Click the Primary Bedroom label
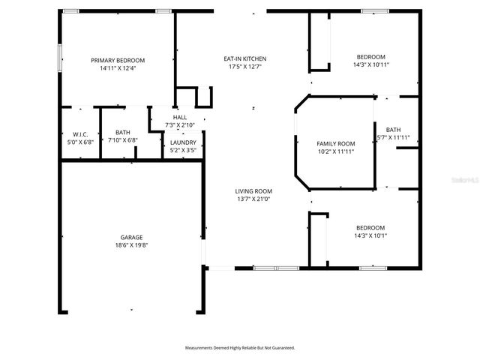tap(118, 60)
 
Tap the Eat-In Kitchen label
tap(244, 58)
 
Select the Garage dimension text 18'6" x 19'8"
tap(131, 245)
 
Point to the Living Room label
tap(253, 191)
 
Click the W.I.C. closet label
tap(80, 134)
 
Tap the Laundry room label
tap(183, 142)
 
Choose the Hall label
tap(180, 117)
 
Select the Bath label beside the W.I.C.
tap(122, 132)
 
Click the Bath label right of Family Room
tap(393, 129)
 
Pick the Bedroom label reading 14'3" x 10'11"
tap(370, 57)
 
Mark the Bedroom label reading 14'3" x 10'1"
tap(370, 228)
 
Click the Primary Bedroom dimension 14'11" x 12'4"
tap(118, 68)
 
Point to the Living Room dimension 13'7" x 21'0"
tap(253, 199)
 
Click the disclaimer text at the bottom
tap(240, 348)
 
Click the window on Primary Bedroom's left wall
tap(60, 56)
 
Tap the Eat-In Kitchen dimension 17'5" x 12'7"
tap(244, 67)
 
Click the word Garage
tap(131, 237)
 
